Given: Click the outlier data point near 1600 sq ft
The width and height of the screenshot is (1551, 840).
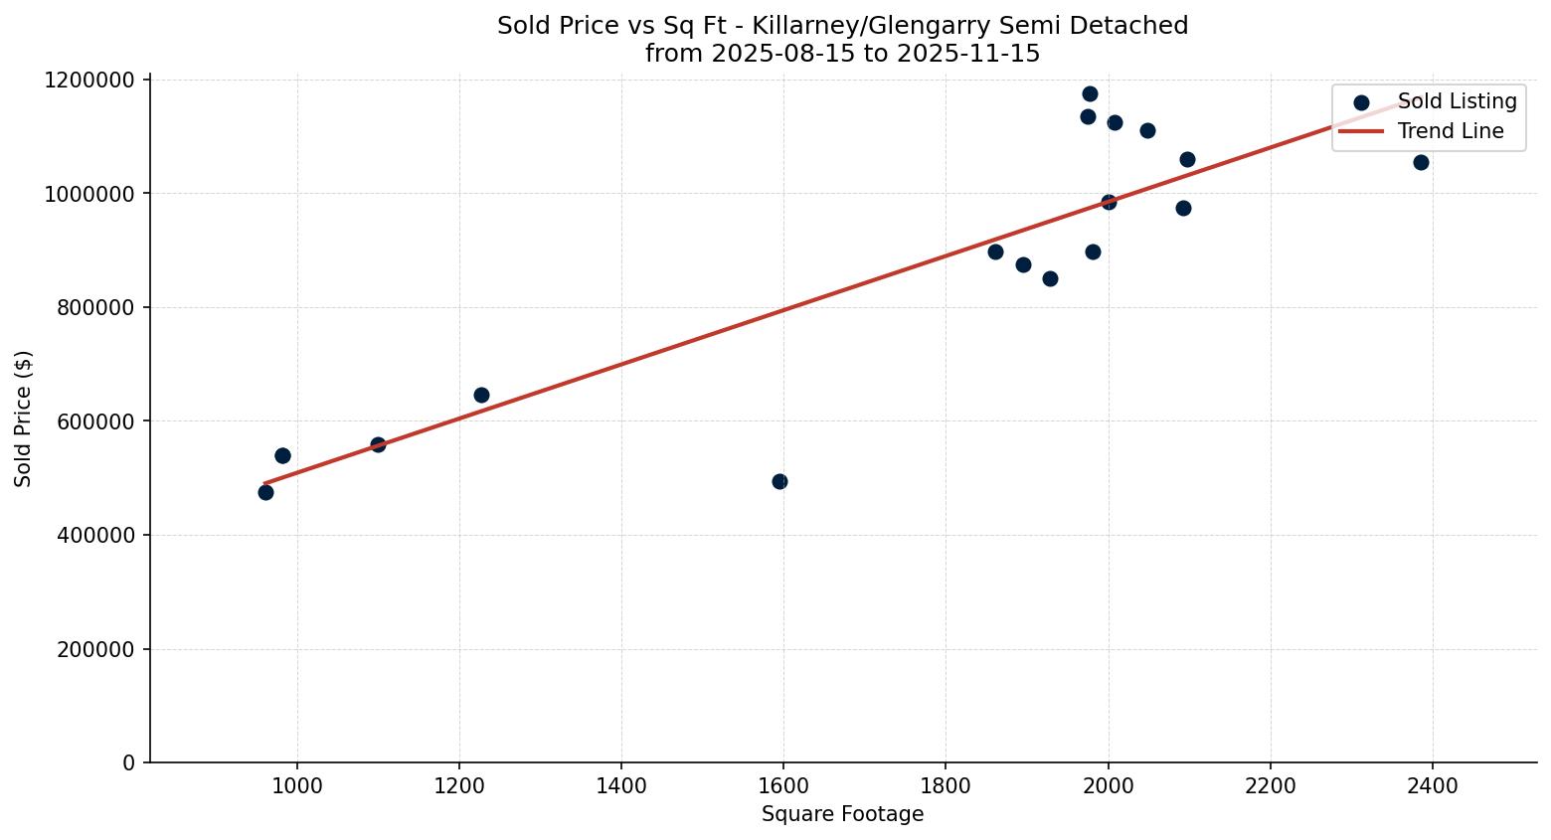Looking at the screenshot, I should click(779, 481).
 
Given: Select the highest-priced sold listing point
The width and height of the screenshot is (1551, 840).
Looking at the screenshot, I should click(1090, 93).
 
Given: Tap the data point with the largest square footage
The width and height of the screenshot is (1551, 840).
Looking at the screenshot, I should click(1421, 162).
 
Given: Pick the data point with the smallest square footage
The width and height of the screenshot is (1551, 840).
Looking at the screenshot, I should click(265, 492).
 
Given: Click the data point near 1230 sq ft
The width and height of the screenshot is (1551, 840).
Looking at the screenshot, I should click(481, 395).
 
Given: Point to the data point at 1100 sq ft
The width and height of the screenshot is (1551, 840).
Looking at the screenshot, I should click(378, 444).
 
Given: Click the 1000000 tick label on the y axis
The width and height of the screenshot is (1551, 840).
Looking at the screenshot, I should click(89, 194).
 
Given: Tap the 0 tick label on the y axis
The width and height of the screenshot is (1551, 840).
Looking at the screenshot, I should click(129, 763).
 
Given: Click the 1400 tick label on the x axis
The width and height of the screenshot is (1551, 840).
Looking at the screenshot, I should click(621, 786).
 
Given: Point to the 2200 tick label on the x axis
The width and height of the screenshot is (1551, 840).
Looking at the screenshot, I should click(1270, 786).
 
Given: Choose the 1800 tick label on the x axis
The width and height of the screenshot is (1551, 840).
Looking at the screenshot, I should click(946, 786).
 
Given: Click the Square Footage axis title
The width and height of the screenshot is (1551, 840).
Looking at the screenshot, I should click(842, 815).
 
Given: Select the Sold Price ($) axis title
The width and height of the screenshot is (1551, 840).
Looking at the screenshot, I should click(24, 419).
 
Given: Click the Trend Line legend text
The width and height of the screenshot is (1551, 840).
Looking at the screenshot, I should click(1451, 131).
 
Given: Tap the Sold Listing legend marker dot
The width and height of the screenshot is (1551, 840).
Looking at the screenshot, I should click(1361, 102).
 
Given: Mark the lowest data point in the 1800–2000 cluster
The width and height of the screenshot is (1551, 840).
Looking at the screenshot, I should click(1050, 278).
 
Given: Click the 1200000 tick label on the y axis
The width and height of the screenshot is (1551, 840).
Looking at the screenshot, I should click(89, 80).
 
